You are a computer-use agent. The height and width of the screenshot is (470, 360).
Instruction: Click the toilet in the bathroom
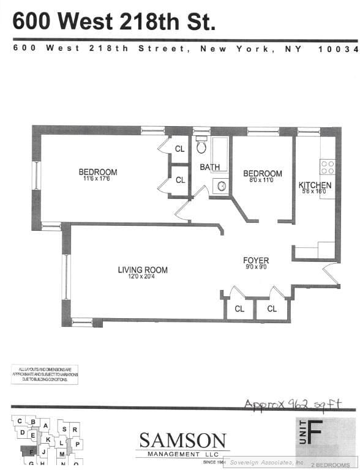(x=201, y=146)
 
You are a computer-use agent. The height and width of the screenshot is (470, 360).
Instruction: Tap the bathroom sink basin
(x=222, y=186)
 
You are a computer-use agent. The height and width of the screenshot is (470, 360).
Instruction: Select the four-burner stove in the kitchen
(x=328, y=166)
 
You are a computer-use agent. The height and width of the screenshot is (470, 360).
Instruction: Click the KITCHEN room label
(x=315, y=185)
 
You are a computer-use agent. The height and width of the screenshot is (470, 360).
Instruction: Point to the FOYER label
(x=256, y=261)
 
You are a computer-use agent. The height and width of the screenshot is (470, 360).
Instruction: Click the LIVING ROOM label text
(x=143, y=270)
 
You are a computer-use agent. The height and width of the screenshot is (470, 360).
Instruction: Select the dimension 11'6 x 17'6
(x=97, y=179)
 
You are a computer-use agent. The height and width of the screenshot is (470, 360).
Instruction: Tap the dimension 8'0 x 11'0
(x=263, y=180)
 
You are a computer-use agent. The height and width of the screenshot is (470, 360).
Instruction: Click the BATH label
(x=209, y=167)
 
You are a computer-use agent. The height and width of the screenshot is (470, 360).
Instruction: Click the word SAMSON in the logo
(x=182, y=440)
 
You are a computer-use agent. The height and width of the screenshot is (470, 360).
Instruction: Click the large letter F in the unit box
(x=314, y=433)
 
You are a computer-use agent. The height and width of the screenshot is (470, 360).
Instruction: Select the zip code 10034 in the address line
(x=338, y=49)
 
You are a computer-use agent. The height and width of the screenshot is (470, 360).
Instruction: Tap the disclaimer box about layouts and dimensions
(x=44, y=375)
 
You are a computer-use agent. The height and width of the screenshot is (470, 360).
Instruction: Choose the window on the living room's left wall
(x=67, y=277)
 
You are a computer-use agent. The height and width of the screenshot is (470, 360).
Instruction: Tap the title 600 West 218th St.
(x=114, y=22)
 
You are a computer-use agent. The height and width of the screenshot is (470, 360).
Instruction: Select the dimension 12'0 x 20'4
(x=143, y=277)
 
